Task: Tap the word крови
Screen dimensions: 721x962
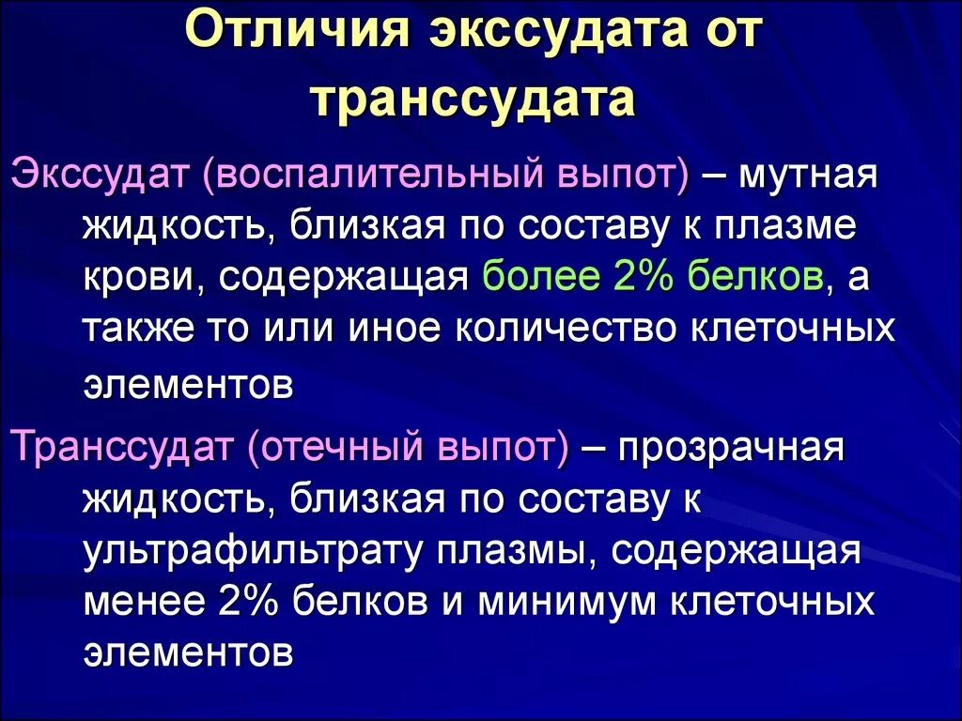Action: [x=133, y=279]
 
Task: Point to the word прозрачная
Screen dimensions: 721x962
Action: [x=732, y=448]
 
